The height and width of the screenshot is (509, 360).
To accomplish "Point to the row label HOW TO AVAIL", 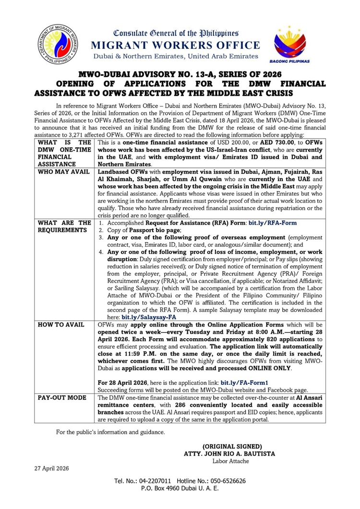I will point(61,325).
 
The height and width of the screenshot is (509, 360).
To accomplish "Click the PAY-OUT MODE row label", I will point(62,398).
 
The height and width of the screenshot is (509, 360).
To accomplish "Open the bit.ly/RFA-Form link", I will point(272,223).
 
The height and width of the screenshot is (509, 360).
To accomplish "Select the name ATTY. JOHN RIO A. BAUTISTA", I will point(231,453).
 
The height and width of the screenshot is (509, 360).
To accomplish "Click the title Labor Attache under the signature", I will point(231,461).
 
